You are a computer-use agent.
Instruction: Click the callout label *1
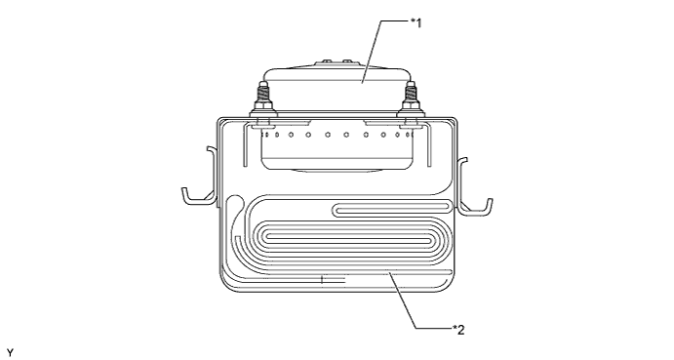point(416,22)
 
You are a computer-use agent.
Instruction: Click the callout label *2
point(458,330)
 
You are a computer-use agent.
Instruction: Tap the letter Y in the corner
point(10,353)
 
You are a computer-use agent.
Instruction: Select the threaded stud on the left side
point(262,95)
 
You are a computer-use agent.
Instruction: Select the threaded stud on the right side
point(411,95)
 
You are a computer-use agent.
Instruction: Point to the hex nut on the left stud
point(262,106)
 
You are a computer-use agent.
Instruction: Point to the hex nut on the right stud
point(411,106)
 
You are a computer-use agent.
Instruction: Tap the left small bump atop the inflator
point(327,61)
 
